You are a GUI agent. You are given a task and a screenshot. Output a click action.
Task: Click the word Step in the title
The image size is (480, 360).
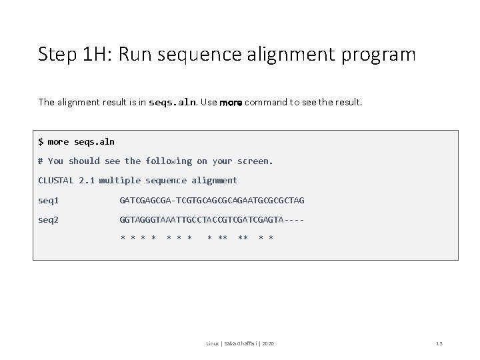[57, 54]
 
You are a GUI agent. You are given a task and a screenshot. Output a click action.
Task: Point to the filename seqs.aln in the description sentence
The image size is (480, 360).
[173, 103]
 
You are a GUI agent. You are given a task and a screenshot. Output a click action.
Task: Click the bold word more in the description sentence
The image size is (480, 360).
[231, 103]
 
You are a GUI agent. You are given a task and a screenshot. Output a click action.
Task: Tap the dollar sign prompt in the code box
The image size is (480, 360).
[41, 141]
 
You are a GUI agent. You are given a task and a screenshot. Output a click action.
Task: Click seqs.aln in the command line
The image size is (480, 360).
[95, 141]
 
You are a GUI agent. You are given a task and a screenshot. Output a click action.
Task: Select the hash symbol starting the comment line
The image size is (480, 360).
[41, 161]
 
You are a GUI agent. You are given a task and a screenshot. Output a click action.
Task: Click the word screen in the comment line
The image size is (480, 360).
[255, 161]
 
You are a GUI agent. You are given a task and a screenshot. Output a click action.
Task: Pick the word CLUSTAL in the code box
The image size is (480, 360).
[56, 180]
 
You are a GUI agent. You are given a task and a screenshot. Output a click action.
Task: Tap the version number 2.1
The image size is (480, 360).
[86, 180]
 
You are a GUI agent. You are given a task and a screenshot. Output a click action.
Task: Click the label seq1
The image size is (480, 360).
[49, 200]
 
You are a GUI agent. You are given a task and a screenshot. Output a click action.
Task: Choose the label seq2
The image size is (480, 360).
[49, 219]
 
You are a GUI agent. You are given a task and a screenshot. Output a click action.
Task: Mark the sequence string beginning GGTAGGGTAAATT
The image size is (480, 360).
[211, 219]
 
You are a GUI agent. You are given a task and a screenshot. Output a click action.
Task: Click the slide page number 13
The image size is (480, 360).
[439, 343]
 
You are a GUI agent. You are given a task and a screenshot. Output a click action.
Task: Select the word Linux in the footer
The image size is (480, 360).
[212, 343]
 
